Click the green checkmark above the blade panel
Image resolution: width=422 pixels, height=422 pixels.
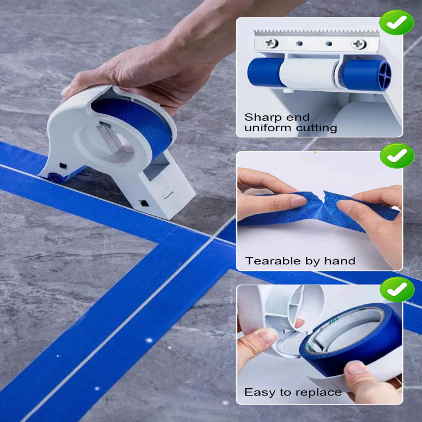tap(397, 22)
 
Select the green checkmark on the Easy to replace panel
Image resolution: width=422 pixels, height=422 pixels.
tap(397, 289)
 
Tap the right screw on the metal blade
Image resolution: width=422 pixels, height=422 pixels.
tap(358, 44)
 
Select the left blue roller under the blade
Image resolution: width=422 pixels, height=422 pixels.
tap(266, 72)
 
